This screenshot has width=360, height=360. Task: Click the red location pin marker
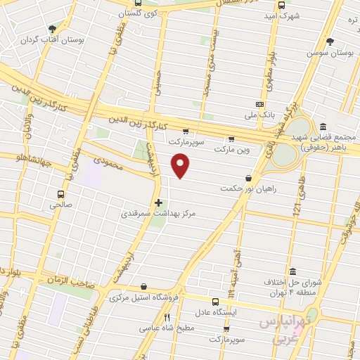pyautogui.click(x=181, y=166)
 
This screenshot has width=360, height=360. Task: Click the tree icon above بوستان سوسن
pyautogui.click(x=330, y=41)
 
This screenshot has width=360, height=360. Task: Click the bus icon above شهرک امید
pyautogui.click(x=282, y=5)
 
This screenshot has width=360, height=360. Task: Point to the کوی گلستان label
pyautogui.click(x=137, y=13)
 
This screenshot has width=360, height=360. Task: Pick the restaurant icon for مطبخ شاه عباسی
pyautogui.click(x=167, y=317)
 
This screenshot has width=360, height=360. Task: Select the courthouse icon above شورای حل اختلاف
pyautogui.click(x=292, y=271)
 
